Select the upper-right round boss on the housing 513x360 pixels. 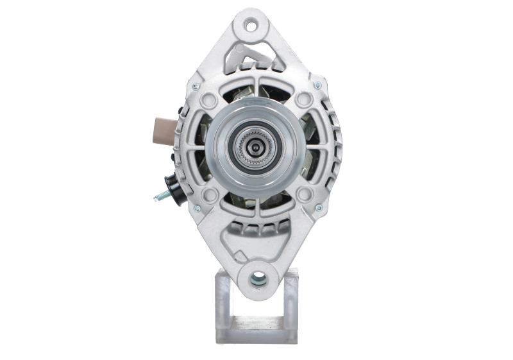click(302, 101)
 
